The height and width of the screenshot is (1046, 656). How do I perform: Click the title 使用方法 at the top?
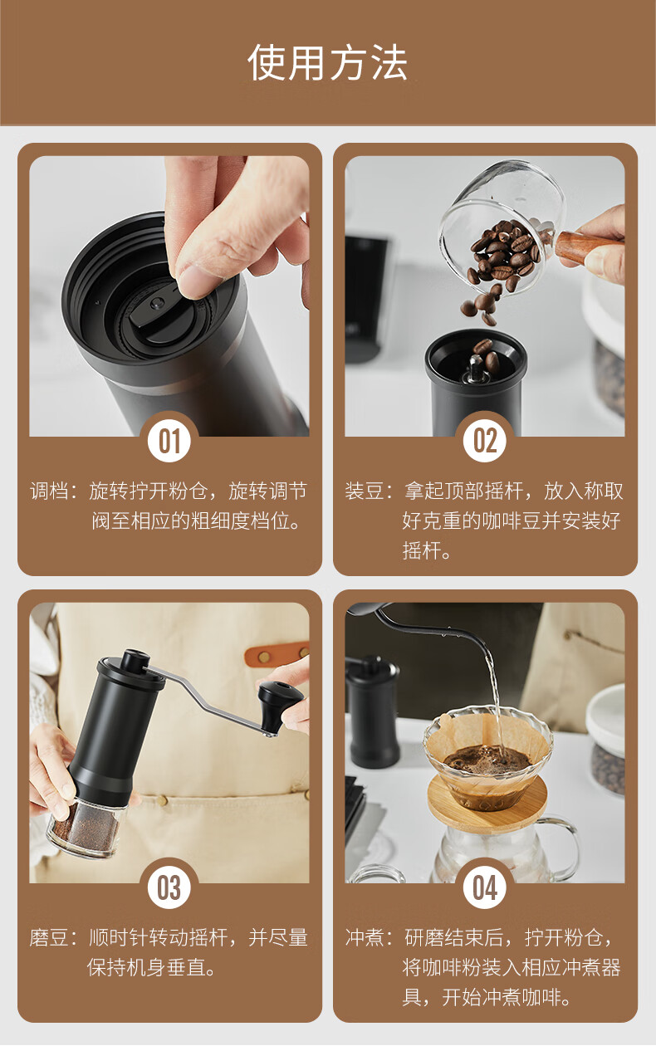click(x=327, y=62)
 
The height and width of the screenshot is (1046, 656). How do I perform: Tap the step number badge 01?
click(x=169, y=441)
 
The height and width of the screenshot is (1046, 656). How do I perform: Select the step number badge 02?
click(x=484, y=441)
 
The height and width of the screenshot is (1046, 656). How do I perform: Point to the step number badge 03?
click(x=169, y=887)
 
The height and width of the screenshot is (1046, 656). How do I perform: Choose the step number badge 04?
click(x=484, y=887)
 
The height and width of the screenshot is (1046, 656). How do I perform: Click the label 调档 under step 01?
click(x=49, y=491)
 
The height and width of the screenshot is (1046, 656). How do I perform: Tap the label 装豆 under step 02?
click(x=365, y=491)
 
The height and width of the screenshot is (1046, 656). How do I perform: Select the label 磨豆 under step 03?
click(x=49, y=937)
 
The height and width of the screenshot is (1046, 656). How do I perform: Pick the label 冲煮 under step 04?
click(x=365, y=937)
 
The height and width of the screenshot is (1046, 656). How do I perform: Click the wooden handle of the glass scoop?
click(x=585, y=247)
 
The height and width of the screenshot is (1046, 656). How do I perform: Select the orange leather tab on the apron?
click(x=277, y=655)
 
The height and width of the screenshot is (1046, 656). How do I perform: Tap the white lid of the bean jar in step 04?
click(x=605, y=716)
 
